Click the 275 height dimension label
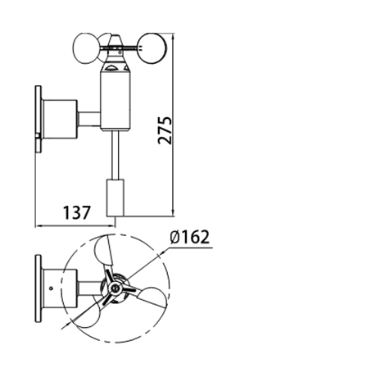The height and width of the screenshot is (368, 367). point(165,130)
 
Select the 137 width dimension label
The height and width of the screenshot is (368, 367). point(76,213)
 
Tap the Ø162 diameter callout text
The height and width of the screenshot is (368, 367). point(190,237)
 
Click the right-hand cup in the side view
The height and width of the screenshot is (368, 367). point(152,48)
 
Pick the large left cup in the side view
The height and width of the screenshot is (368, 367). point(86,48)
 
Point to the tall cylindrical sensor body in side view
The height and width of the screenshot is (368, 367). point(116,101)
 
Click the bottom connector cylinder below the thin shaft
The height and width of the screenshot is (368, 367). point(115,198)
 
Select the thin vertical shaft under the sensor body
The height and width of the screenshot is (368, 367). point(115,155)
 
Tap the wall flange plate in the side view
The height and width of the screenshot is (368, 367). point(39,119)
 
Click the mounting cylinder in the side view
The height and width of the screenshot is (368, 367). point(60,119)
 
